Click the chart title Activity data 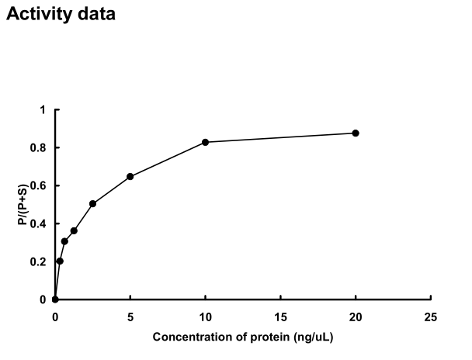pyautogui.click(x=61, y=14)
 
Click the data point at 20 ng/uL pyautogui.click(x=356, y=133)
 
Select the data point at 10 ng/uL pyautogui.click(x=206, y=142)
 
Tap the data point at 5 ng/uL pyautogui.click(x=130, y=176)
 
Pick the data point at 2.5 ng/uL pyautogui.click(x=92, y=203)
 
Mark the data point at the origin pyautogui.click(x=55, y=299)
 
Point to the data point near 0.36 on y pyautogui.click(x=74, y=230)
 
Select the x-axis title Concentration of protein pyautogui.click(x=245, y=337)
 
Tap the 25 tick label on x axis pyautogui.click(x=431, y=317)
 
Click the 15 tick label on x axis pyautogui.click(x=280, y=317)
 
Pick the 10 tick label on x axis pyautogui.click(x=206, y=317)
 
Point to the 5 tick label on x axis pyautogui.click(x=130, y=317)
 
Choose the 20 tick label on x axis pyautogui.click(x=356, y=317)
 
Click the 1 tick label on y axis pyautogui.click(x=43, y=109)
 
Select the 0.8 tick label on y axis pyautogui.click(x=40, y=147)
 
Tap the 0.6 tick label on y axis pyautogui.click(x=40, y=185)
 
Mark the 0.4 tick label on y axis pyautogui.click(x=40, y=223)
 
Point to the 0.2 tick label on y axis pyautogui.click(x=40, y=261)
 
